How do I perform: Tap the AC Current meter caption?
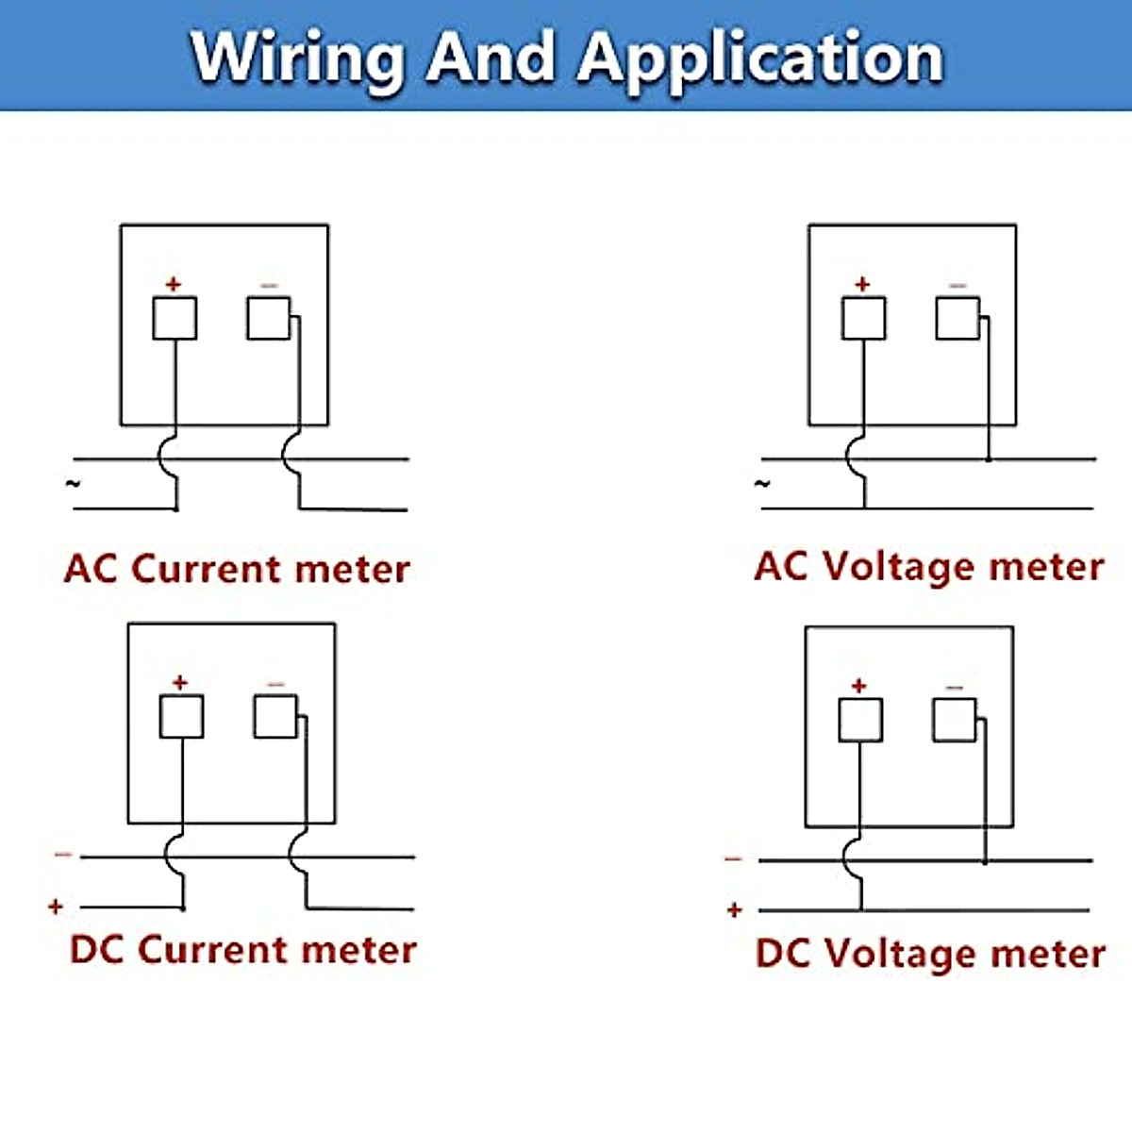[x=237, y=569]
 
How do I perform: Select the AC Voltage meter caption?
[x=929, y=567]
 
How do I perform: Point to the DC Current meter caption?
[x=242, y=949]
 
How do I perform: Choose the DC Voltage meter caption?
[x=930, y=953]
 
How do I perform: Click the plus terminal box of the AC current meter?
[x=175, y=319]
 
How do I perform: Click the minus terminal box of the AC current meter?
[x=269, y=319]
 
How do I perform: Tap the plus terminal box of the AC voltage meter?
[x=863, y=319]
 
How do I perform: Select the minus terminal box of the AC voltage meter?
[x=957, y=319]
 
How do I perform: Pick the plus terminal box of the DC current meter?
[x=181, y=717]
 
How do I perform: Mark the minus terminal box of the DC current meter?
[x=275, y=717]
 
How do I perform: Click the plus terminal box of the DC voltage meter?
[x=860, y=720]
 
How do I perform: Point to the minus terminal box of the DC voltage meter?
[x=954, y=720]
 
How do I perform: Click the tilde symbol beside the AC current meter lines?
[x=73, y=484]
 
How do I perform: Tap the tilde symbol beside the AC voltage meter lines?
[x=762, y=484]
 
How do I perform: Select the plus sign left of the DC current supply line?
[x=56, y=907]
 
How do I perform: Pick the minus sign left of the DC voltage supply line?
[x=733, y=859]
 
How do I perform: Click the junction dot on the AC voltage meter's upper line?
[x=988, y=459]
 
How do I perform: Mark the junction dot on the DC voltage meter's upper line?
[x=984, y=860]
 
